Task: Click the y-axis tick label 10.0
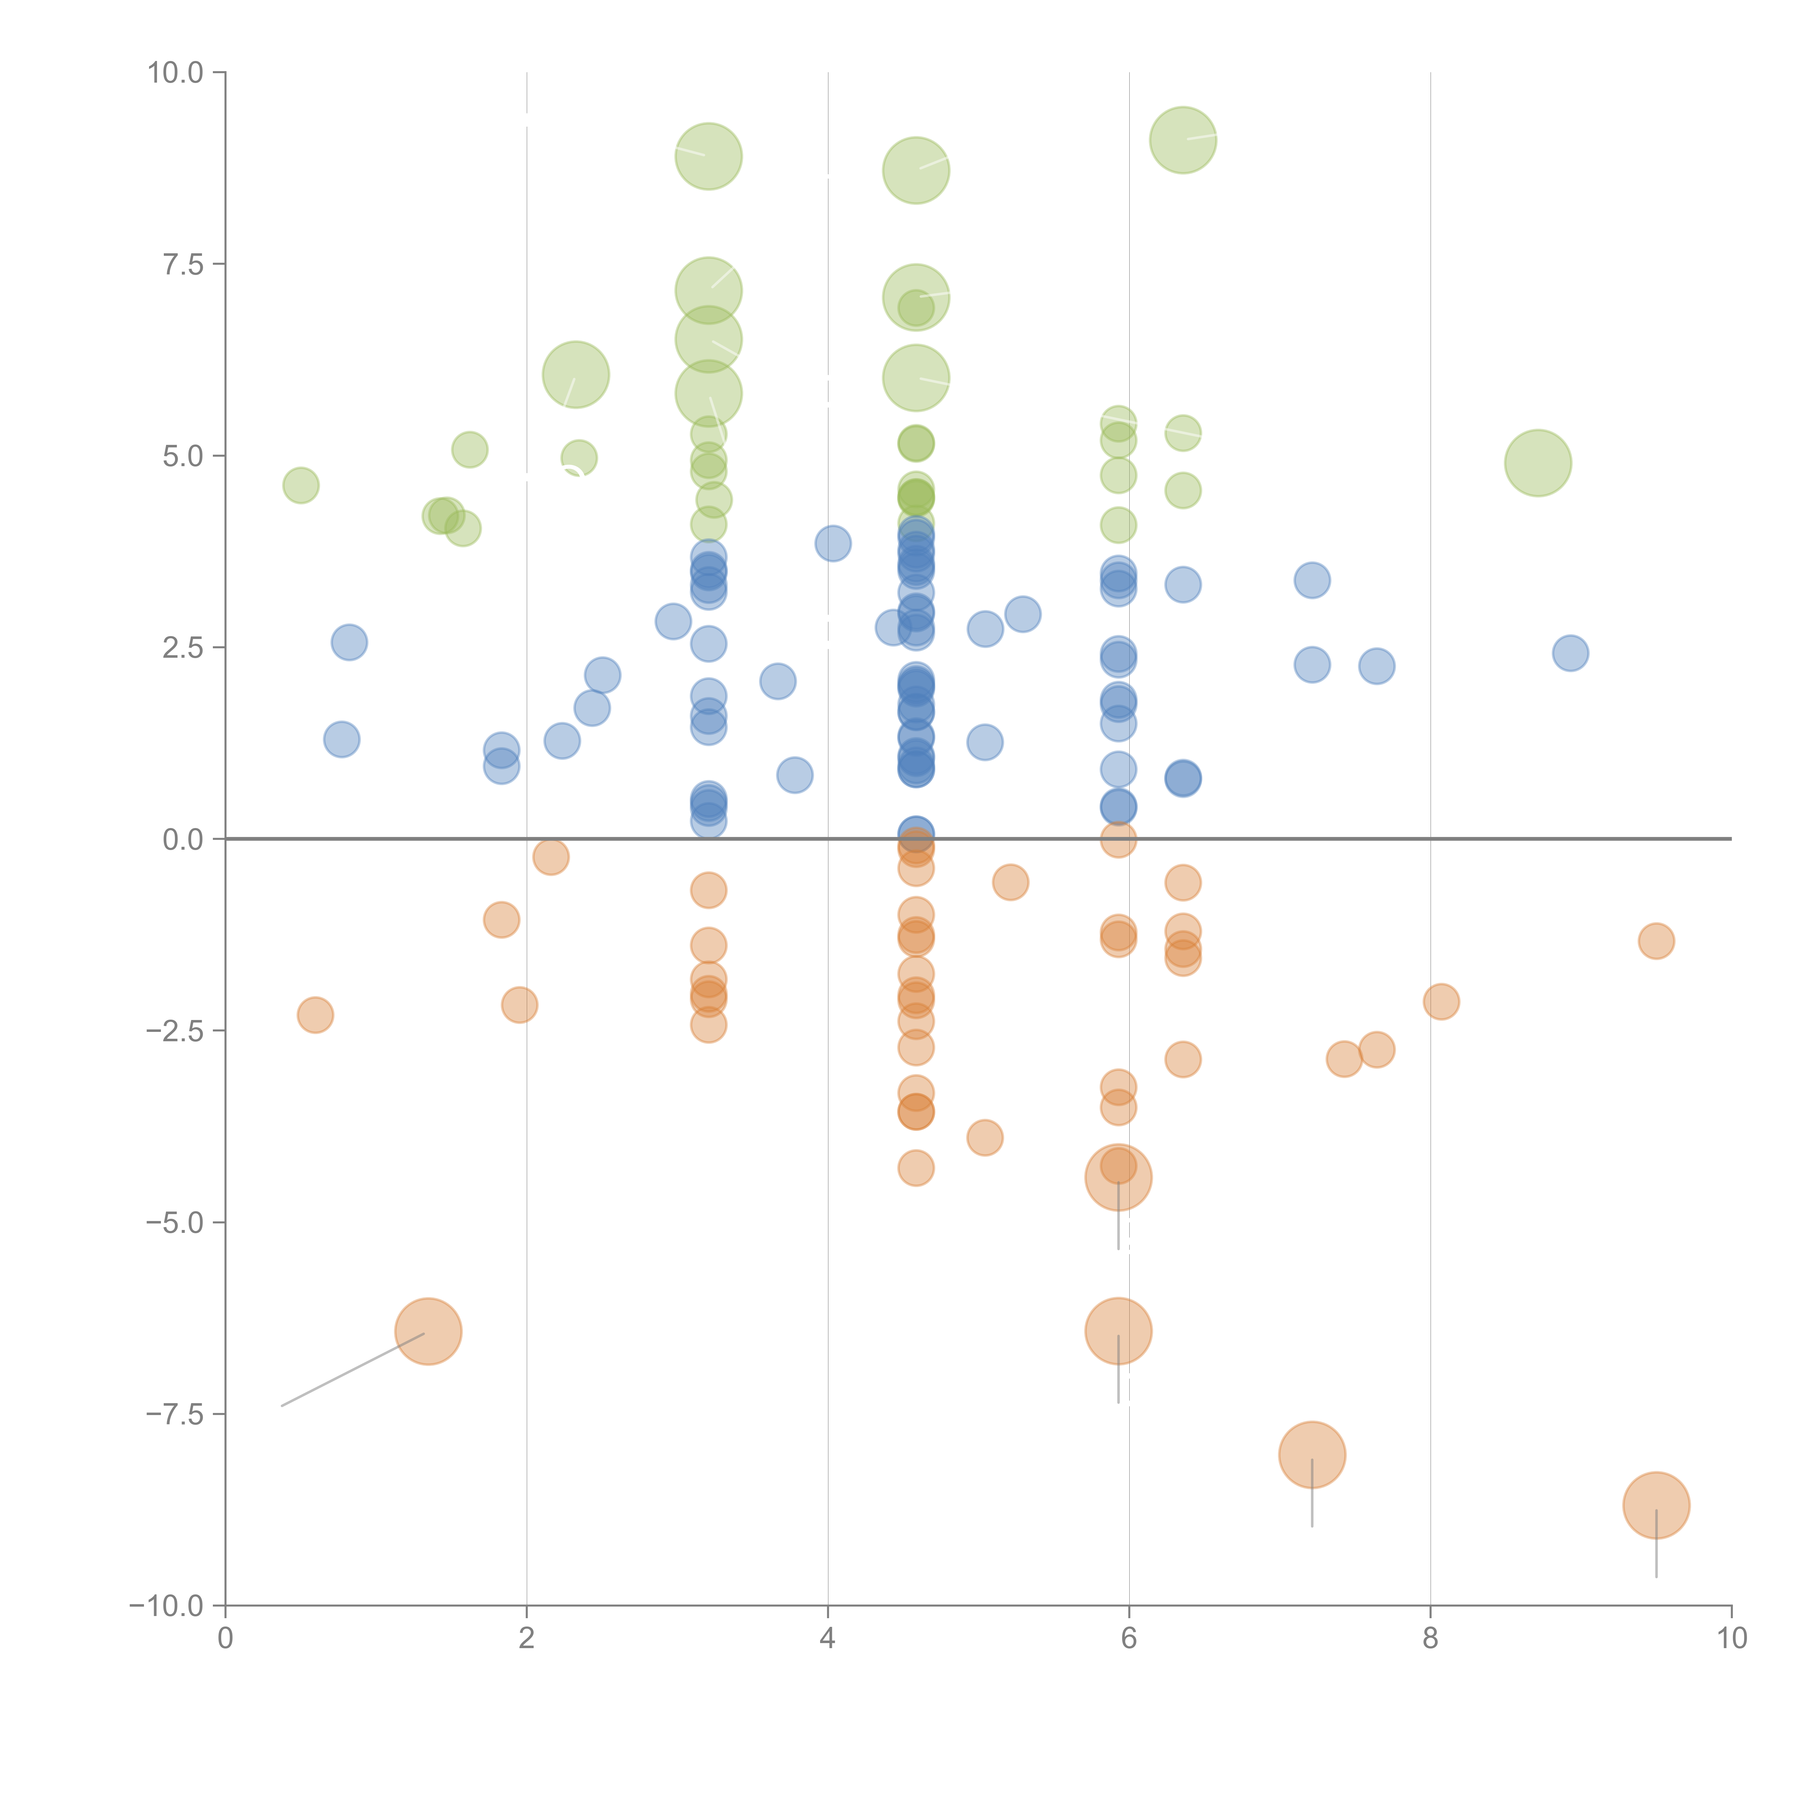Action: pyautogui.click(x=176, y=73)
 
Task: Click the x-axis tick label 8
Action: pyautogui.click(x=1431, y=1639)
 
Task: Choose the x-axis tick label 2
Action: pyautogui.click(x=527, y=1639)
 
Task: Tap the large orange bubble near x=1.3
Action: pyautogui.click(x=429, y=1331)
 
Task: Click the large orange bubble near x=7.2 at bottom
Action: pyautogui.click(x=1312, y=1455)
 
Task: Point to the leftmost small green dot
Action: pyautogui.click(x=301, y=486)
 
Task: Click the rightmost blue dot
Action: pyautogui.click(x=1571, y=653)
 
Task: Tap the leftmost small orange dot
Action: pyautogui.click(x=316, y=1015)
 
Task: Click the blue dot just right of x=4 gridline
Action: pyautogui.click(x=833, y=543)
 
